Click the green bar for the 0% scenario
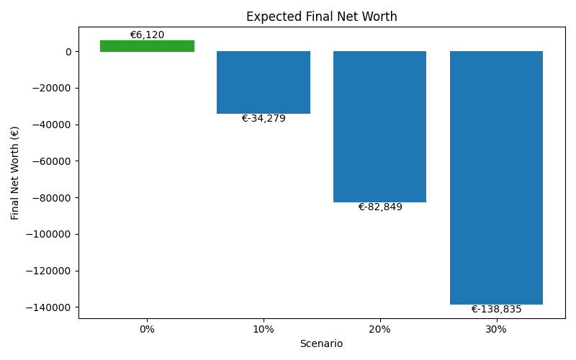[x=147, y=46]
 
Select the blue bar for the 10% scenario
[x=264, y=82]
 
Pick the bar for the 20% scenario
[x=379, y=127]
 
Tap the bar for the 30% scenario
[x=496, y=177]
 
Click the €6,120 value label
[x=147, y=35]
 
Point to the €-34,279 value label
[x=264, y=119]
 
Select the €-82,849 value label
[x=380, y=207]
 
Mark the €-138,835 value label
[x=496, y=310]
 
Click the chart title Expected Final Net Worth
[x=321, y=17]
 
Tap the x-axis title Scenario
[x=321, y=344]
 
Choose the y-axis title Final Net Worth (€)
[x=15, y=173]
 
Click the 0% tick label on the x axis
[x=147, y=329]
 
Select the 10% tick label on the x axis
[x=264, y=329]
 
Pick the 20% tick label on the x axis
[x=379, y=329]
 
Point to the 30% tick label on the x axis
[x=496, y=329]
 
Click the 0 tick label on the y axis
[x=68, y=52]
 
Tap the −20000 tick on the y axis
[x=50, y=89]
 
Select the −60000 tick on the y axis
[x=50, y=161]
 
